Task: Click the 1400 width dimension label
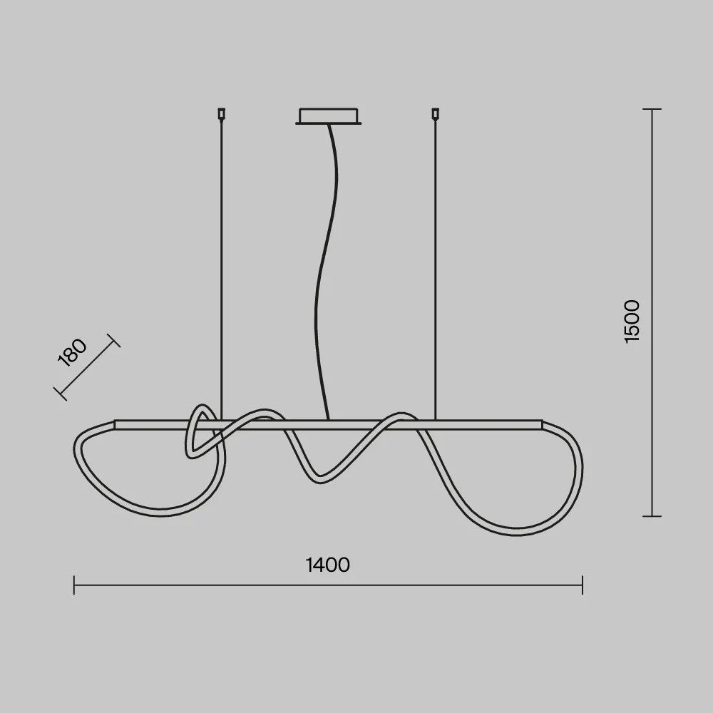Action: [x=327, y=565]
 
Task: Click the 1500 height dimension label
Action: [x=632, y=322]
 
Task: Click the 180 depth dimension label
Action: [x=72, y=353]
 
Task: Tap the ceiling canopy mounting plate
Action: [x=328, y=116]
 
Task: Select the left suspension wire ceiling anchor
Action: [x=222, y=113]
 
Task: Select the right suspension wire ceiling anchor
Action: [x=435, y=113]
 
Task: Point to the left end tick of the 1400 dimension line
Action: [x=74, y=585]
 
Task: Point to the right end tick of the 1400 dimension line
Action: [x=583, y=585]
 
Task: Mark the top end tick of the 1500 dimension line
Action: [x=652, y=109]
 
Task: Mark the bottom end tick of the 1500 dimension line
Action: [x=652, y=516]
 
